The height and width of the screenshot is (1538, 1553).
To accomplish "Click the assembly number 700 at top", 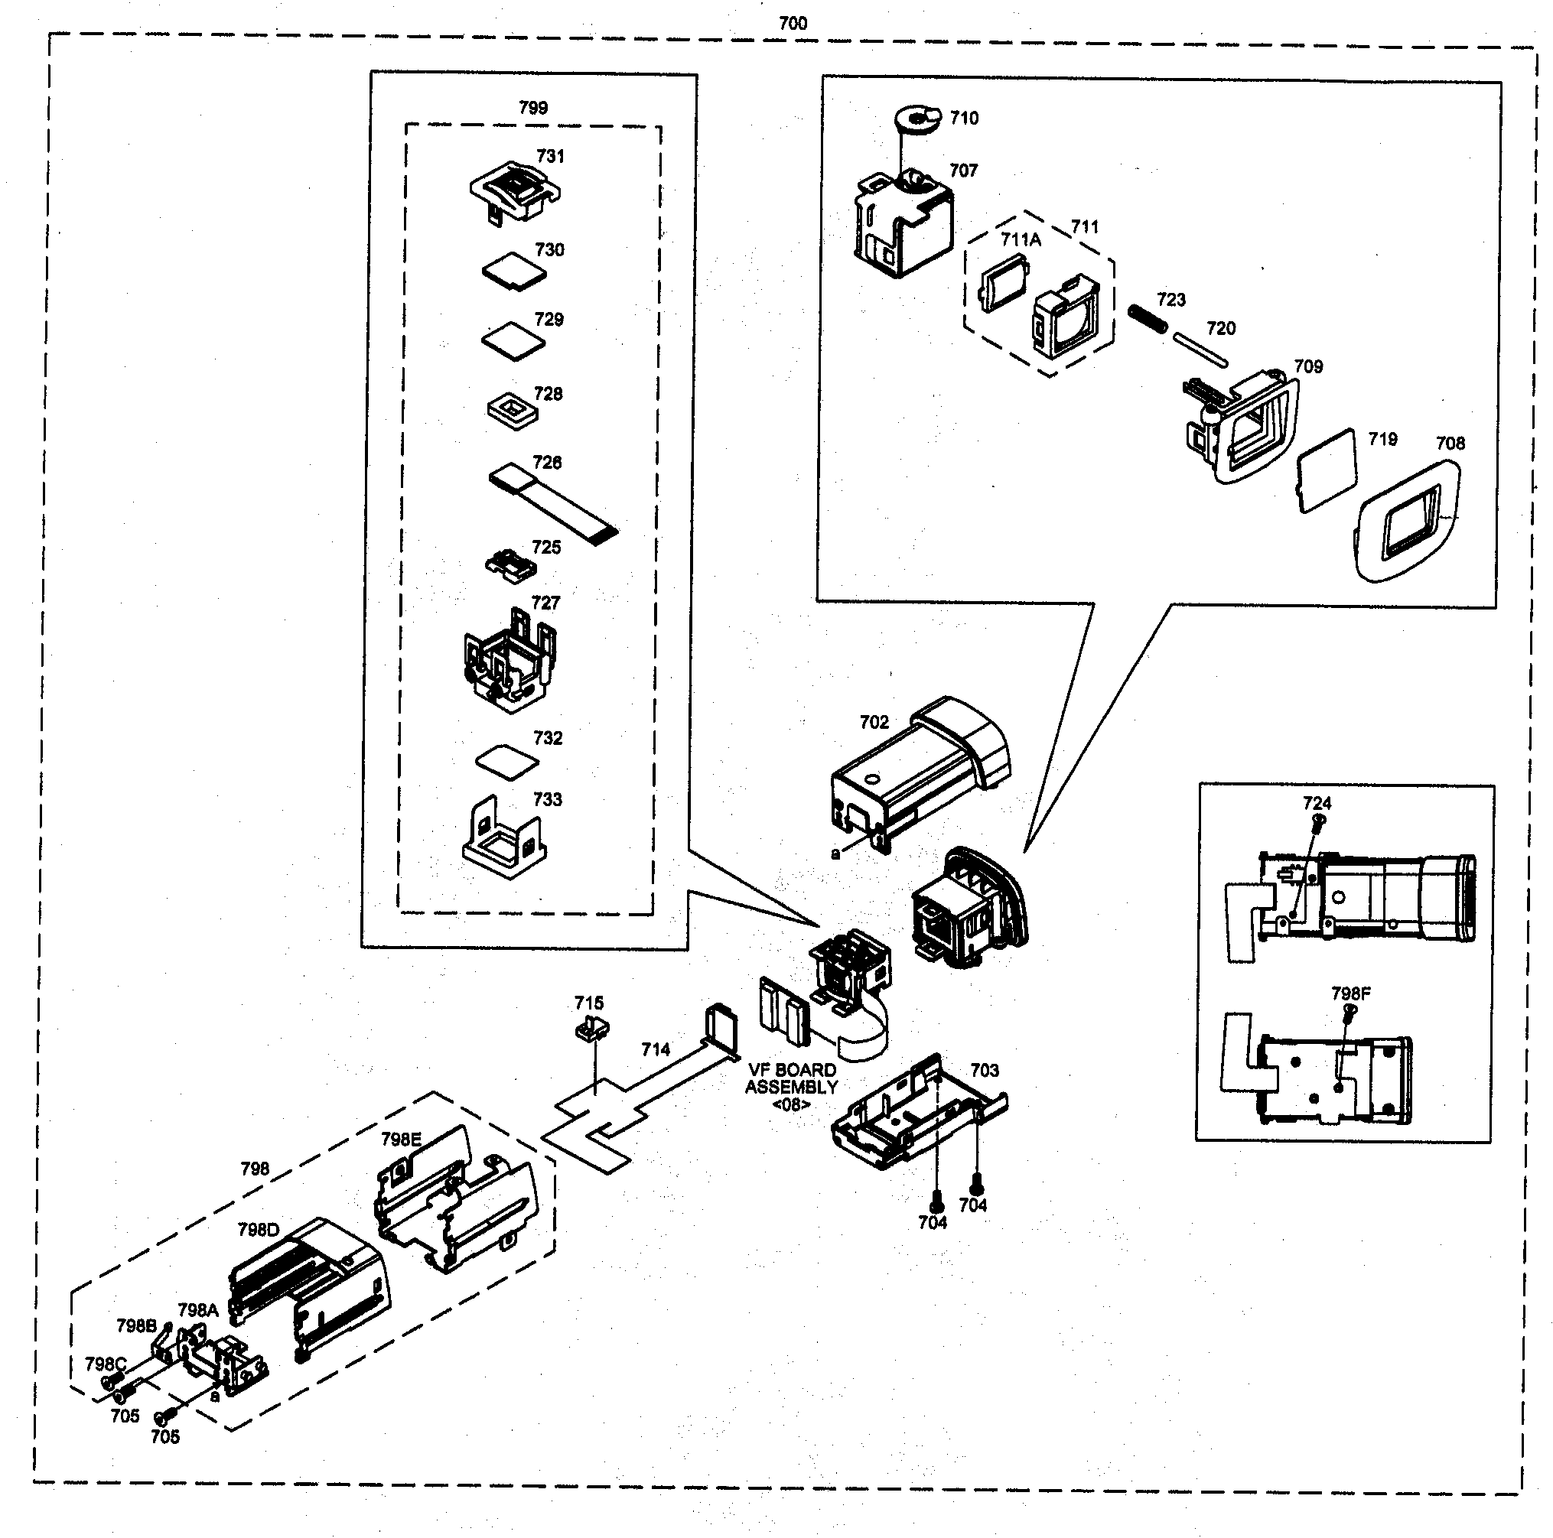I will coord(792,23).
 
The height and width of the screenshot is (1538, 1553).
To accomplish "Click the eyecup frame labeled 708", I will coord(1407,522).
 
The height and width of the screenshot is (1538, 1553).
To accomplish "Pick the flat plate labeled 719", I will coord(1327,470).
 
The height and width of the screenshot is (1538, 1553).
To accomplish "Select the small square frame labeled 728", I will coord(512,411).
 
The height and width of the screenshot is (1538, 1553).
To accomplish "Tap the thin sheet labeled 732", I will coord(508,761).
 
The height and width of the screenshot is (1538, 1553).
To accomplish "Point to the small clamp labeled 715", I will coord(593,1029).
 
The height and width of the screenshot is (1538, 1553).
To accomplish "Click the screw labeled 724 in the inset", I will coord(1318,821).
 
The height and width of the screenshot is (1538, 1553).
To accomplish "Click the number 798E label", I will coord(400,1140).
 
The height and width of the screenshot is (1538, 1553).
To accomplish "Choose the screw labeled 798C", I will coord(107,1383).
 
